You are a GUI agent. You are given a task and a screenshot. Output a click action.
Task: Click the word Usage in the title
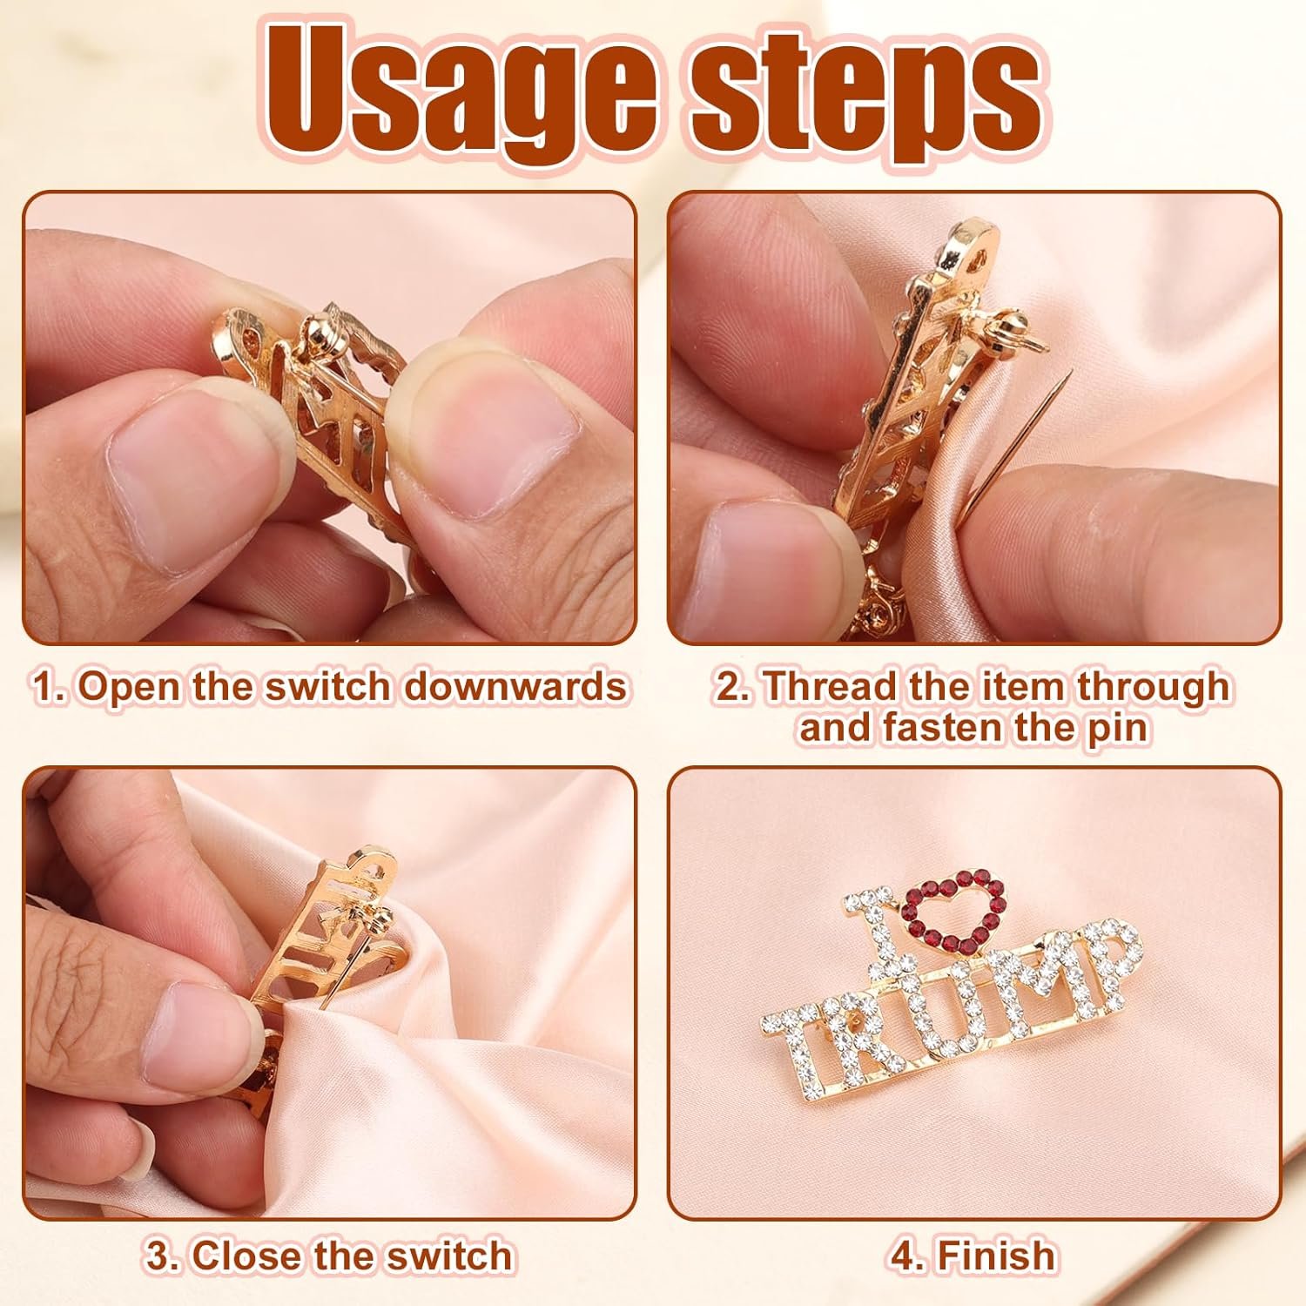coord(461,94)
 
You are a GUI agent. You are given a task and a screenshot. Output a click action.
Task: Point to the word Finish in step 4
coord(996,1256)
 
